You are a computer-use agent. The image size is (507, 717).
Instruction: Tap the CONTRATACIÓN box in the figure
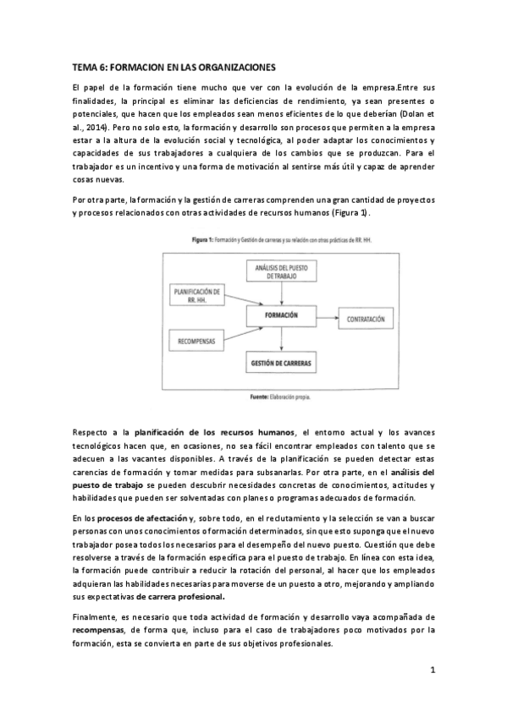pos(365,320)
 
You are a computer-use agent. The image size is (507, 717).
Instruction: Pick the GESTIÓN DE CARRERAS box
pos(280,363)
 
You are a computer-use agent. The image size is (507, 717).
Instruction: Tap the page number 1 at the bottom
pos(432,671)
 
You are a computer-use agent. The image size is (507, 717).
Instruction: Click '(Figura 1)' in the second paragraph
pos(347,213)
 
